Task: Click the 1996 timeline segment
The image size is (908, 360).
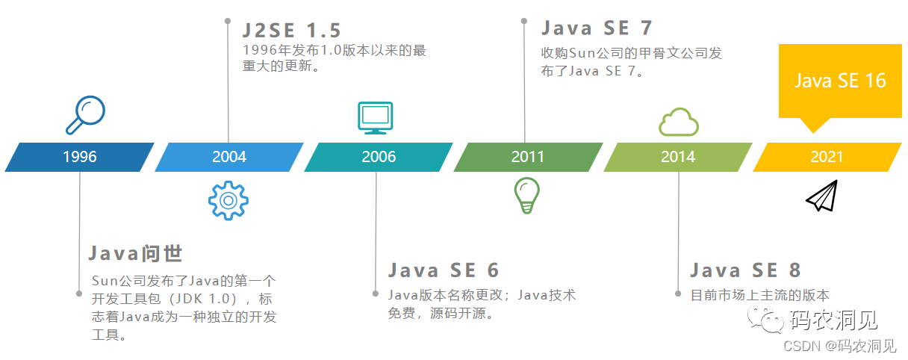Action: click(x=79, y=157)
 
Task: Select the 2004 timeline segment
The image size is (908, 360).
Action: click(x=228, y=157)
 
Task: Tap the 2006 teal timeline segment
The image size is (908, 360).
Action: click(x=379, y=157)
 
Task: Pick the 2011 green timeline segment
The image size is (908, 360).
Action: click(x=528, y=157)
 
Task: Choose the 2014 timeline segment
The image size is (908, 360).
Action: click(x=677, y=157)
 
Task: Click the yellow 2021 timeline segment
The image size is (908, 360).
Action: click(x=827, y=157)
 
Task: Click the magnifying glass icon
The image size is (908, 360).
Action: click(x=84, y=114)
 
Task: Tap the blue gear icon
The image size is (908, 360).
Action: click(x=228, y=199)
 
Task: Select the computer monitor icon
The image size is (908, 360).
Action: click(x=374, y=118)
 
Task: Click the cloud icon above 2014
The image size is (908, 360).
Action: click(x=678, y=122)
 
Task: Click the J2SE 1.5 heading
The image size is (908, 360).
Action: click(x=292, y=31)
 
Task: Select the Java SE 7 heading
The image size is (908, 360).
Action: click(x=597, y=28)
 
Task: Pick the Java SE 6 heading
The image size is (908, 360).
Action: click(x=444, y=270)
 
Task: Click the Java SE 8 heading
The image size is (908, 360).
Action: click(x=745, y=270)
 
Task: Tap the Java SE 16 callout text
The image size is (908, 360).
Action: click(x=839, y=81)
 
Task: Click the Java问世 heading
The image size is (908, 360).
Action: click(x=135, y=253)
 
